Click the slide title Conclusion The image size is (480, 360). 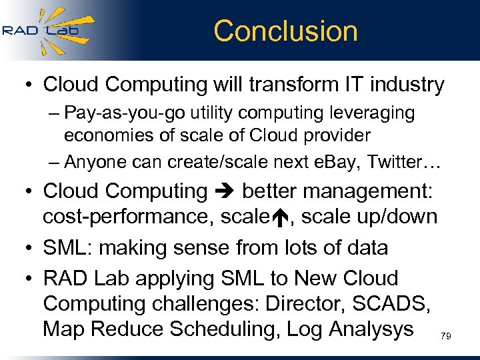click(285, 31)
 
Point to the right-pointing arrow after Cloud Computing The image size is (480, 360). click(225, 191)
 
